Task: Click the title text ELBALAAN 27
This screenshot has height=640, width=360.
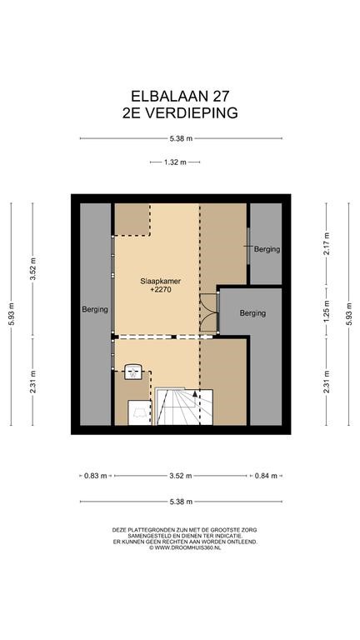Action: (x=180, y=97)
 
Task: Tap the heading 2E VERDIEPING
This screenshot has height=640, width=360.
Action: (x=180, y=112)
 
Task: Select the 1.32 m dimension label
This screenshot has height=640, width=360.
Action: (x=175, y=162)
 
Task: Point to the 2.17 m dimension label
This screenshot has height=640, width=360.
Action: (x=326, y=243)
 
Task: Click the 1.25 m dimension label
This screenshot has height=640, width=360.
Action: (x=326, y=312)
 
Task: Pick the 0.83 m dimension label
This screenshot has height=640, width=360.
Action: (x=96, y=476)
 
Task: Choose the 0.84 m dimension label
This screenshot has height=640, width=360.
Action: (x=266, y=476)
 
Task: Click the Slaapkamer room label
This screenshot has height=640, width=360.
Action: (x=160, y=281)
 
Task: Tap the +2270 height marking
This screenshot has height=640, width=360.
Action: (x=160, y=290)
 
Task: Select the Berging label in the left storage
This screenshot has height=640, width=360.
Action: (x=95, y=309)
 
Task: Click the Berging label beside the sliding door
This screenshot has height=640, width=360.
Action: (x=267, y=249)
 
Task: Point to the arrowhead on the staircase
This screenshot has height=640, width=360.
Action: (x=195, y=394)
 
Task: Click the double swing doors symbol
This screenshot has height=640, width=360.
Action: (x=208, y=313)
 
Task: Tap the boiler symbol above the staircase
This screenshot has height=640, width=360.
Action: (x=133, y=372)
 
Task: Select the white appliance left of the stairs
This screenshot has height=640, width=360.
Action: (x=140, y=412)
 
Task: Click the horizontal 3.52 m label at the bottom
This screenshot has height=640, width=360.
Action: (x=181, y=476)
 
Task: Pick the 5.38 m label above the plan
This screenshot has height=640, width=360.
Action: (x=181, y=138)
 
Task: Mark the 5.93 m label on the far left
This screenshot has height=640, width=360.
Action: (x=11, y=313)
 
